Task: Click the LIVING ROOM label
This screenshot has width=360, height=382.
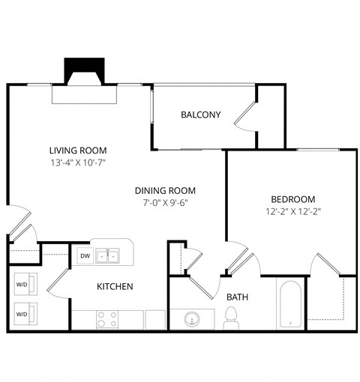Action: point(78,149)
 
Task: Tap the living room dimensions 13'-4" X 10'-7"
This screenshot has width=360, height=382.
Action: point(78,161)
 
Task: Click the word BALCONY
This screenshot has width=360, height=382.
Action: point(200,115)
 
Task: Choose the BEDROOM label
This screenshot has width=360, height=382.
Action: point(292,199)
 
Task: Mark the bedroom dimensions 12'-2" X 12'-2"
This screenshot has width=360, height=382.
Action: point(292,211)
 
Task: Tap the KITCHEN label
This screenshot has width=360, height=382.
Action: point(115,286)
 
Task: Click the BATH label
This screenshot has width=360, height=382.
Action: point(237,297)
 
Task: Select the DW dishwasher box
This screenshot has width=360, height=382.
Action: point(84,256)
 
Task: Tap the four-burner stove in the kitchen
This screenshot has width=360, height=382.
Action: point(108,320)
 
